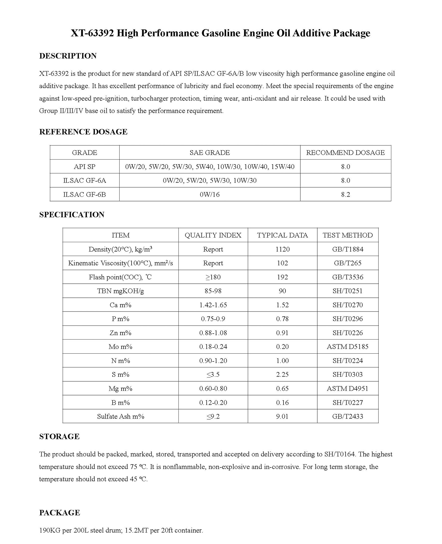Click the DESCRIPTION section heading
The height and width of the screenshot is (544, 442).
point(68,56)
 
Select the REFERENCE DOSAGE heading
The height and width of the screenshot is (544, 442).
point(83,132)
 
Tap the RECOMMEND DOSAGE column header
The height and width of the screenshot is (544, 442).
point(345,152)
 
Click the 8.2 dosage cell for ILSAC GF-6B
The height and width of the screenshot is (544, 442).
point(345,194)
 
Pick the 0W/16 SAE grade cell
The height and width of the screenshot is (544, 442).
point(210,194)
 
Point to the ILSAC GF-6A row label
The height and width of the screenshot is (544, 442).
point(84,180)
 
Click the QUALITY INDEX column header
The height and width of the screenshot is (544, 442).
point(213,235)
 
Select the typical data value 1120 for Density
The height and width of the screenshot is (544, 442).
point(282,249)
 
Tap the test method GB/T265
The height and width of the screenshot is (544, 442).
point(347,263)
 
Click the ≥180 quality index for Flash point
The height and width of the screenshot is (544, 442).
point(213,277)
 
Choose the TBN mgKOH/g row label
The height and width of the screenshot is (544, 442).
point(120,291)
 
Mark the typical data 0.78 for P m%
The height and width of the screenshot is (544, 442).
point(282,319)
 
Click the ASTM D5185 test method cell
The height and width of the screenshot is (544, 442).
point(347,346)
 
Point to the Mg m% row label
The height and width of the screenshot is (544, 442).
point(120,388)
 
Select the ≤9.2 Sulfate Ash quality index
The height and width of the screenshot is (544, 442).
point(213,416)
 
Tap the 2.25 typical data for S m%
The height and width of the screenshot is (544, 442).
point(282,374)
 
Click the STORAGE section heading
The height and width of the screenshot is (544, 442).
point(59,436)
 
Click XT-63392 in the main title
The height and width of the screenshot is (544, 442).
point(92,33)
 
